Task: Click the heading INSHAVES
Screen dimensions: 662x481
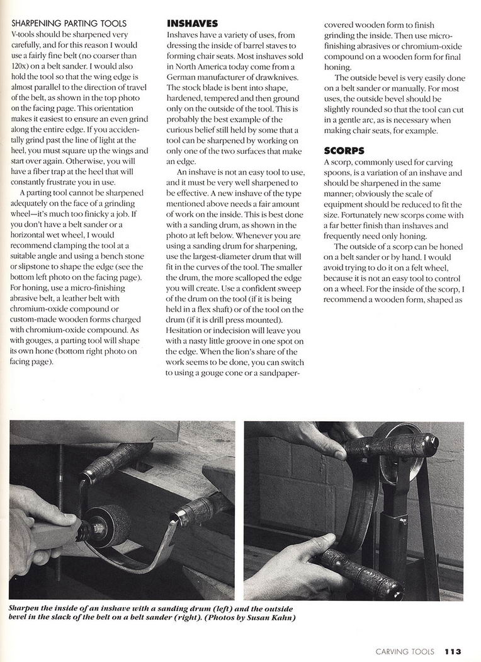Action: click(x=192, y=23)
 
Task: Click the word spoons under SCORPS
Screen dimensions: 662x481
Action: click(x=340, y=173)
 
